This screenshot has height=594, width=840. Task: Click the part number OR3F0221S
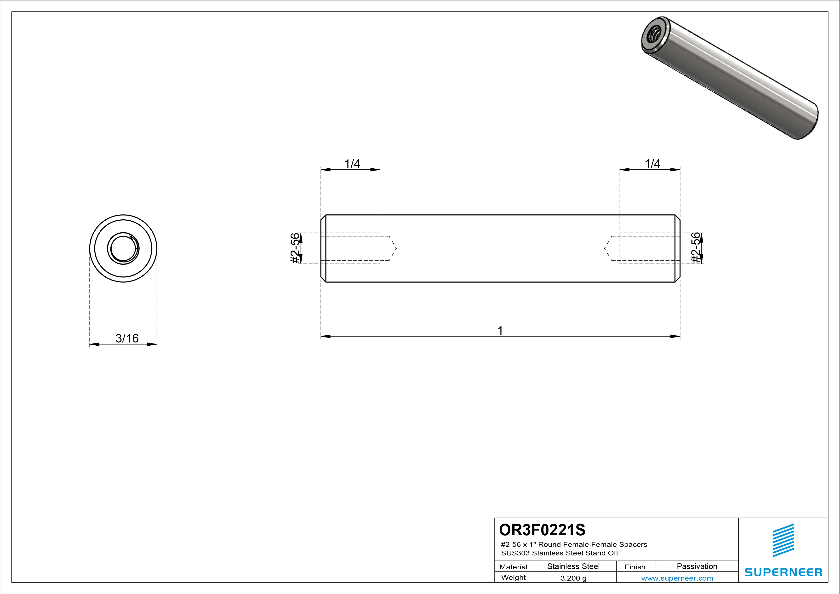[542, 530]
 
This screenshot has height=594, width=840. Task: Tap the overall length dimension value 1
[500, 331]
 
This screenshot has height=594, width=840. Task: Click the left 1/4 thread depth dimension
[352, 164]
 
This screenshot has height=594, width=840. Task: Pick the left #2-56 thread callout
[295, 248]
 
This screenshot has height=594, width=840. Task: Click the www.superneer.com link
[677, 578]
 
